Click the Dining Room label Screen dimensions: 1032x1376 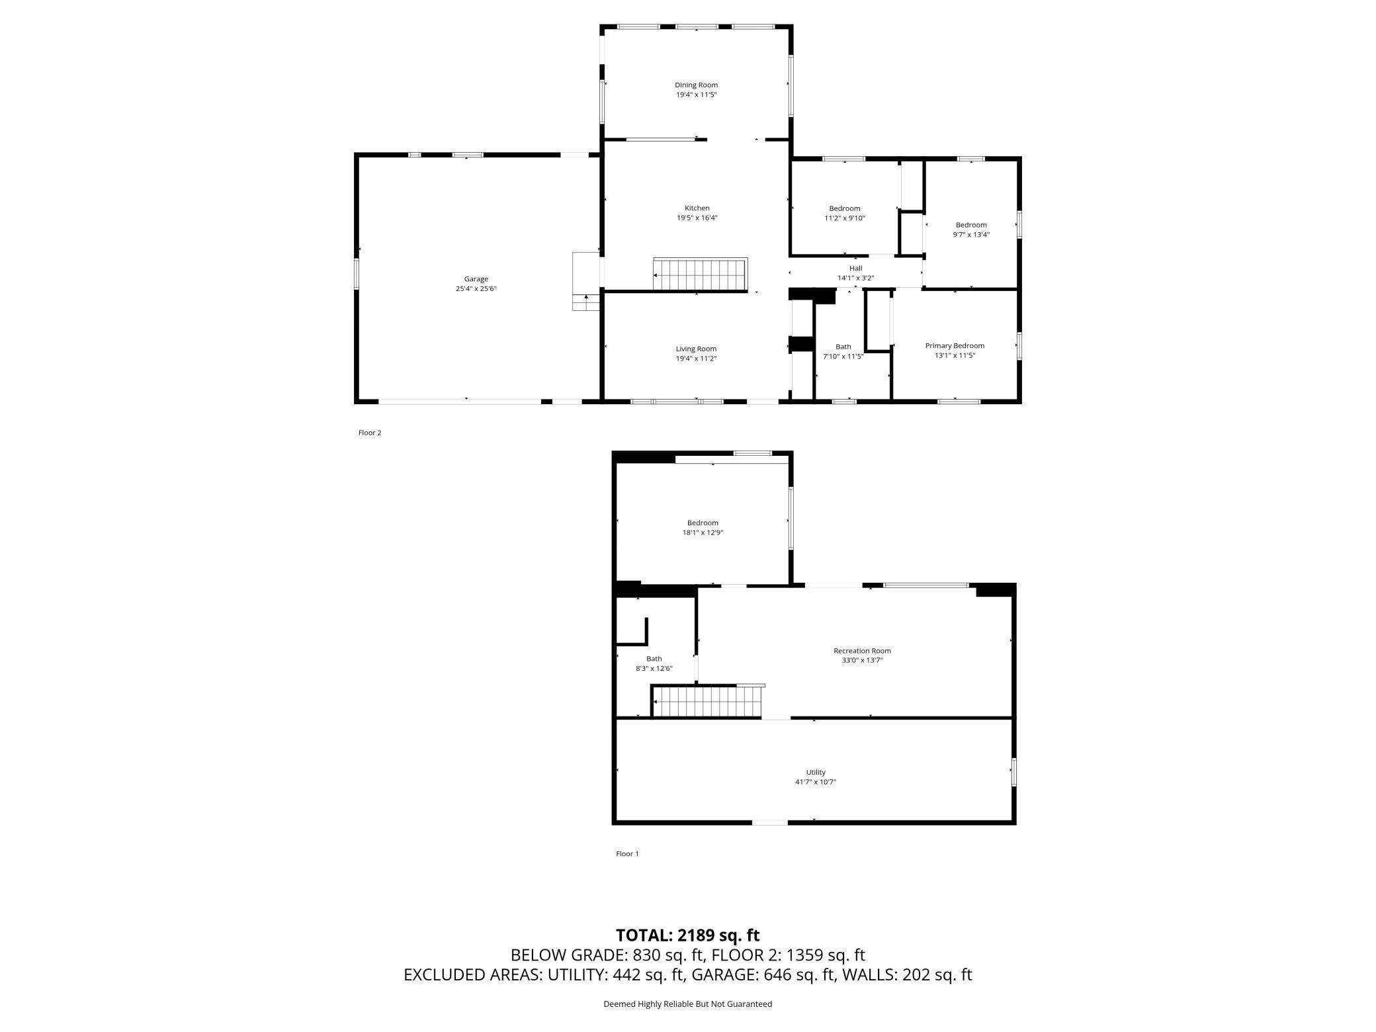[x=696, y=85]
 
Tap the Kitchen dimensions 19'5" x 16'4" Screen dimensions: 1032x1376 [x=697, y=218]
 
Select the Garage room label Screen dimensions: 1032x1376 [x=476, y=279]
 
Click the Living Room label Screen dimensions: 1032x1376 [x=696, y=349]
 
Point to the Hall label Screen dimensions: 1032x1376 [x=855, y=268]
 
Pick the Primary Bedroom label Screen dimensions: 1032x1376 [x=954, y=345]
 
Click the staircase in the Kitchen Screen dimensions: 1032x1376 [x=700, y=274]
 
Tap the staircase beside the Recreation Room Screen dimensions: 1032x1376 [x=707, y=702]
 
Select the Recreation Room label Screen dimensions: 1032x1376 [x=862, y=650]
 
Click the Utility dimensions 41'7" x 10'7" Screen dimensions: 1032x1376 [x=815, y=782]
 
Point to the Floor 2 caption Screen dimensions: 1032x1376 [x=370, y=433]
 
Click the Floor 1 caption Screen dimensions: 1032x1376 [x=627, y=853]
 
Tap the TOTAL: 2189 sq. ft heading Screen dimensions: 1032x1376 [x=687, y=935]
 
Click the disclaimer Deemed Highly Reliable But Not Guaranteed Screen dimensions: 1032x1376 [x=687, y=1004]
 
